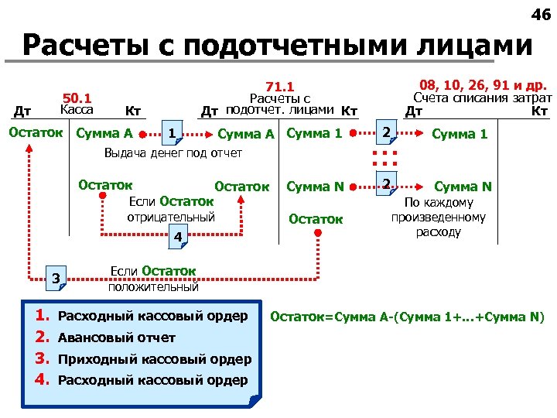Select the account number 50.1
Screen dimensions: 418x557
(x=77, y=98)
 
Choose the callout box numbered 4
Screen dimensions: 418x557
(x=177, y=236)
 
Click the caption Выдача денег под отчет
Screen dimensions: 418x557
(x=173, y=152)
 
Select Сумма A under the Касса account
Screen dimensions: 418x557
(x=105, y=133)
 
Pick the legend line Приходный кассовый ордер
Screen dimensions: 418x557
(x=155, y=358)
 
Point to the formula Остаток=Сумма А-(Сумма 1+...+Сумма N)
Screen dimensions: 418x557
(x=407, y=317)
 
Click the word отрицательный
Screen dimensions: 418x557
(x=170, y=217)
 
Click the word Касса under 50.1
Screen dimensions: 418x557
(x=77, y=111)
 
